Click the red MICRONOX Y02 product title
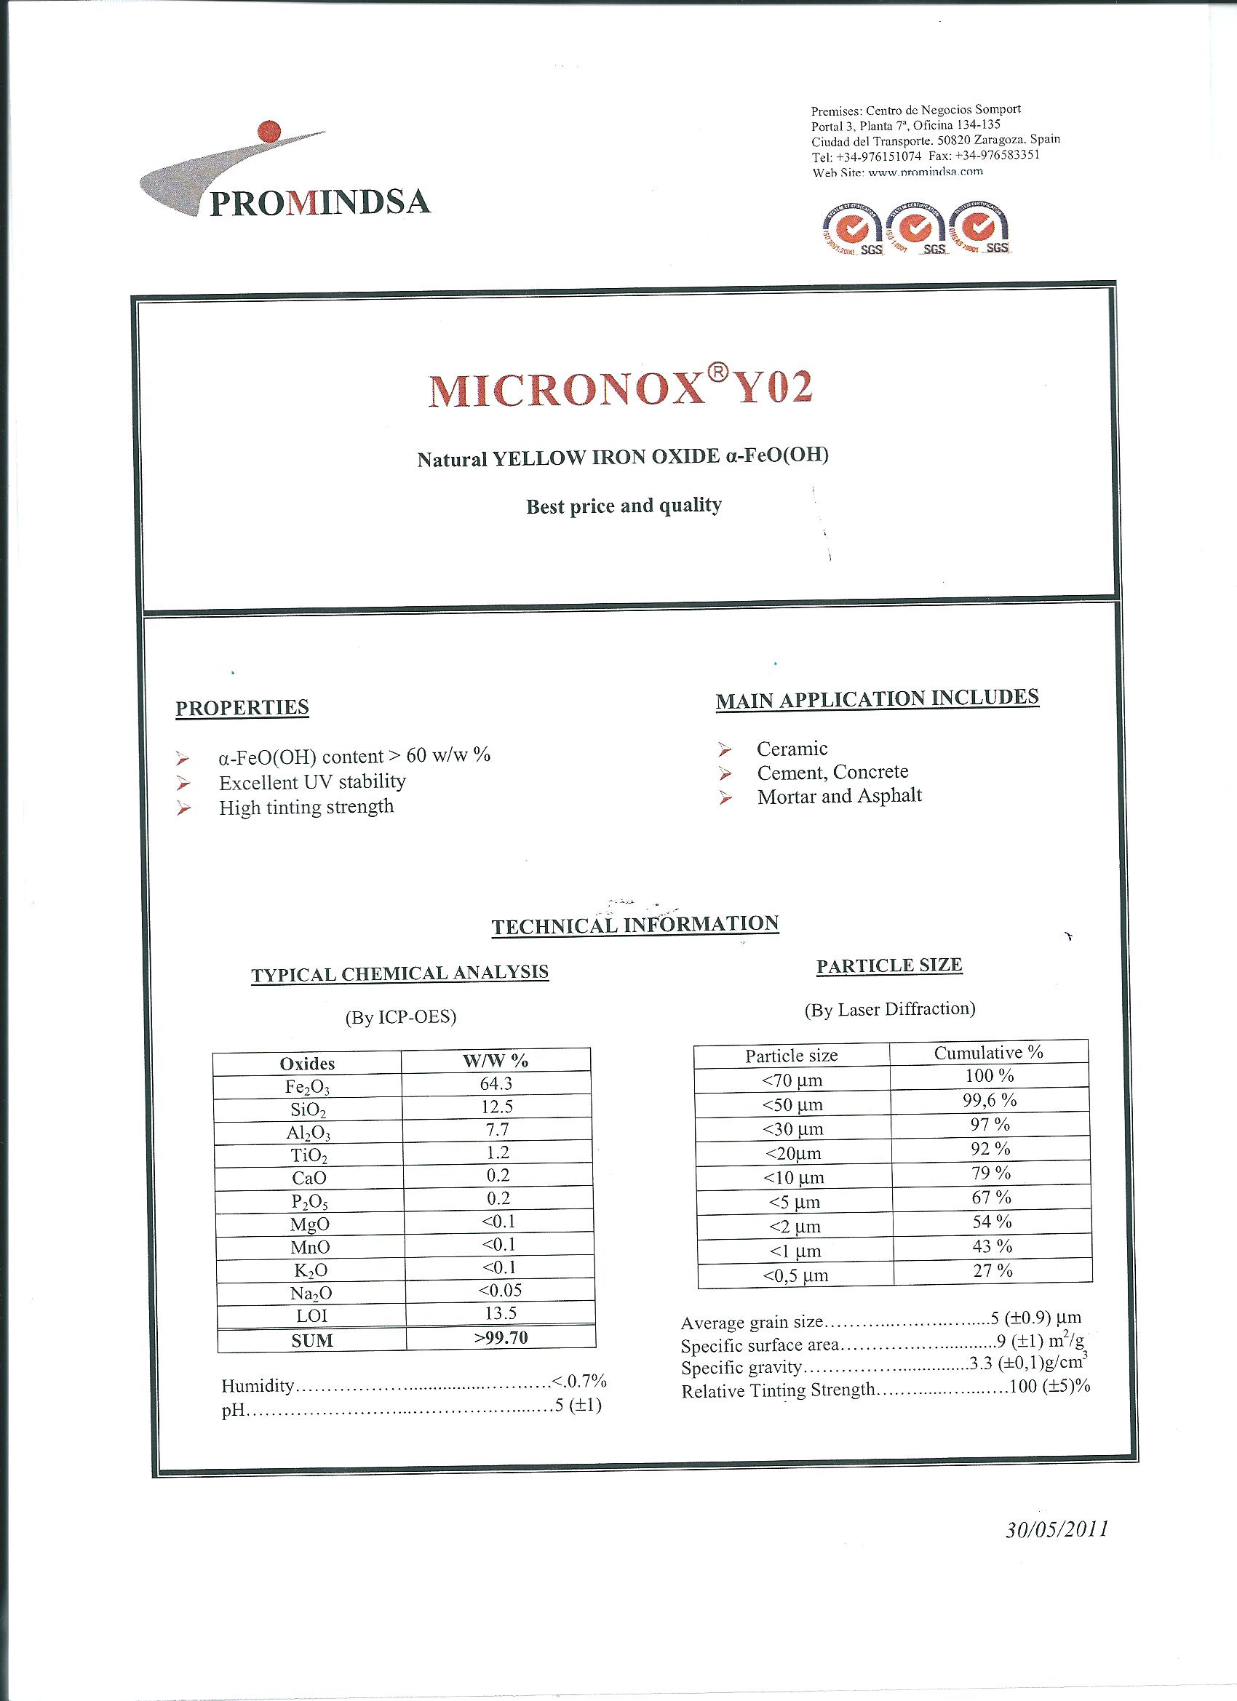(x=621, y=388)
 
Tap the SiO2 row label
(x=307, y=1110)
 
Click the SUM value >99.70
(x=501, y=1337)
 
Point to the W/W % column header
(x=495, y=1061)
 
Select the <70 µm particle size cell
(x=792, y=1080)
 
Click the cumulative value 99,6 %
(x=990, y=1099)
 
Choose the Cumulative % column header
(x=988, y=1052)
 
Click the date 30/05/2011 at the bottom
(x=1057, y=1529)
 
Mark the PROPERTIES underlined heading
(x=242, y=707)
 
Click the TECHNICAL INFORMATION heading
(x=635, y=925)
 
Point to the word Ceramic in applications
(x=792, y=749)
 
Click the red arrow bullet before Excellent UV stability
(x=183, y=783)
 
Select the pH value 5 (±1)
(x=578, y=1405)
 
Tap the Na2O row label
(x=310, y=1293)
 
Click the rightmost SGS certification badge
(x=979, y=228)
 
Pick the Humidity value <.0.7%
(x=578, y=1381)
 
